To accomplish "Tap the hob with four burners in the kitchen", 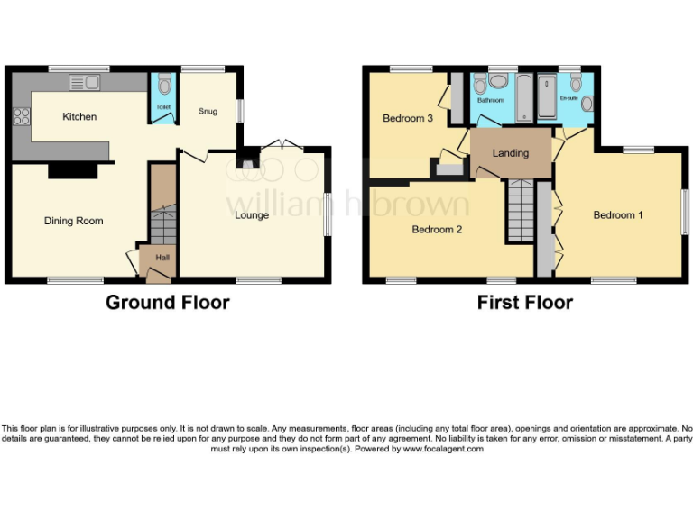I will point(21,116).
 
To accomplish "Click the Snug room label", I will point(208,111).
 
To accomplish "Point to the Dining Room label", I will point(74,221).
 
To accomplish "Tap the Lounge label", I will point(252,215).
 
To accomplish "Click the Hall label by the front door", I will point(162,258).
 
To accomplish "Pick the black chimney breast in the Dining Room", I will point(73,169).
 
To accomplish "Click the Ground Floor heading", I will point(167,303).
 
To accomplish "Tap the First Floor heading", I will point(524,303).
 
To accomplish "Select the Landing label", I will point(510,153).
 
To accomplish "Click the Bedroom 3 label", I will point(408,119).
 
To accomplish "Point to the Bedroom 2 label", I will point(437,230).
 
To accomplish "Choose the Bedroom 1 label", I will point(618,215).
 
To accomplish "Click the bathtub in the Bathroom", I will point(525,99).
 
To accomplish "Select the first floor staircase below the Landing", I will point(521,209).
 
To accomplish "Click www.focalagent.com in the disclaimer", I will point(443,449).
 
